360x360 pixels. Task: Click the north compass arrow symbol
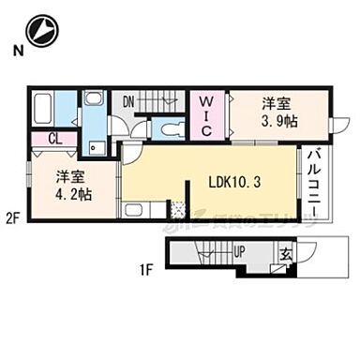pyautogui.click(x=40, y=30)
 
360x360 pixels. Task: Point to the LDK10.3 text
pyautogui.click(x=232, y=183)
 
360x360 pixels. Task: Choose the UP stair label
pyautogui.click(x=239, y=251)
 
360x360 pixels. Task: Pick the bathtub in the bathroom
pyautogui.click(x=46, y=111)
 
